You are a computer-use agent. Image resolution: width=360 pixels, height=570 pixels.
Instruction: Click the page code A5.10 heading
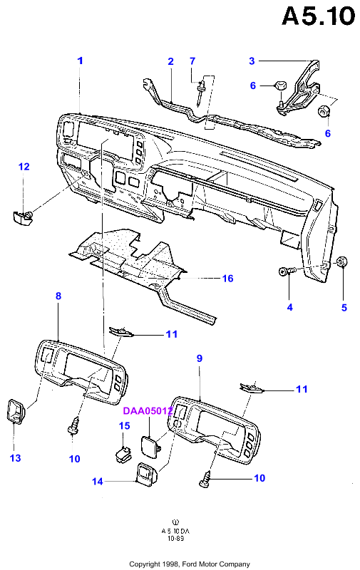[x=318, y=16]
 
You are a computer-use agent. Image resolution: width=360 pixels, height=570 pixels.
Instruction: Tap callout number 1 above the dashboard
[x=81, y=61]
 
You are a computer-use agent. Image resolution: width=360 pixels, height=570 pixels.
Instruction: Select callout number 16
[x=227, y=279]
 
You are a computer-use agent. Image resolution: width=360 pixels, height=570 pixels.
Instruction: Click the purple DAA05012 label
[x=148, y=411]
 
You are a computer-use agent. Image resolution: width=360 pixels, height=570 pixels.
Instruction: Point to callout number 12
[x=24, y=167]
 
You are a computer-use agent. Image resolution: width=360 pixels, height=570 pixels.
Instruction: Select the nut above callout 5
[x=341, y=261]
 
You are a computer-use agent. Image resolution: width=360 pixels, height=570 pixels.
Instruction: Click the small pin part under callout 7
[x=200, y=93]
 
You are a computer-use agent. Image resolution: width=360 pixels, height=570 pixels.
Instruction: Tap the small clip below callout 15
[x=123, y=455]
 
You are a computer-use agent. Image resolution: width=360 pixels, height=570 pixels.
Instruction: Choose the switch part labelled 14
[x=146, y=473]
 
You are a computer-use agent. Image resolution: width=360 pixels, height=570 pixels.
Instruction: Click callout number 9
[x=200, y=358]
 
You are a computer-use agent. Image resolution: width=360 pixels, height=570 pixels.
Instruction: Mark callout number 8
[x=58, y=296]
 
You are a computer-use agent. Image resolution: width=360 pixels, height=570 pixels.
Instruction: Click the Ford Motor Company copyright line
[x=190, y=564]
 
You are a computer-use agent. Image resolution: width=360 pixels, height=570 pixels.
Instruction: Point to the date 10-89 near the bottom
[x=175, y=538]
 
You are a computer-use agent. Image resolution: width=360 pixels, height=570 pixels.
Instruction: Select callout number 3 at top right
[x=252, y=61]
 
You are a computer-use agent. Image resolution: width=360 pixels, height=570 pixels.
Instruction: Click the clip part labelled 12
[x=21, y=217]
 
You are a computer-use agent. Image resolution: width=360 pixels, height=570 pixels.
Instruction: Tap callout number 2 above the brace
[x=170, y=61]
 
